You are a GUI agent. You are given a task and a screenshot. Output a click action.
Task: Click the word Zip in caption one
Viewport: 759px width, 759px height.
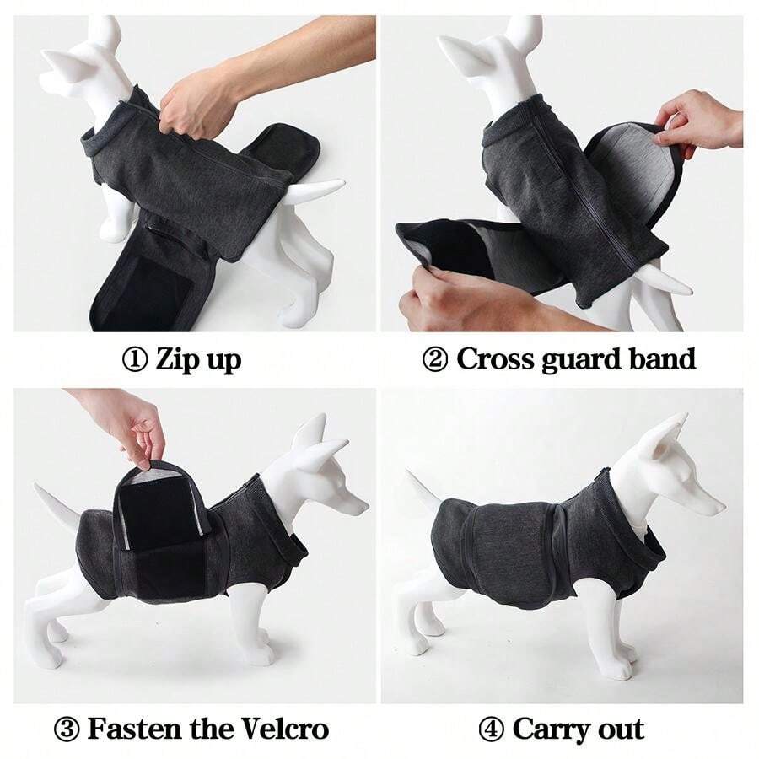(x=178, y=360)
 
